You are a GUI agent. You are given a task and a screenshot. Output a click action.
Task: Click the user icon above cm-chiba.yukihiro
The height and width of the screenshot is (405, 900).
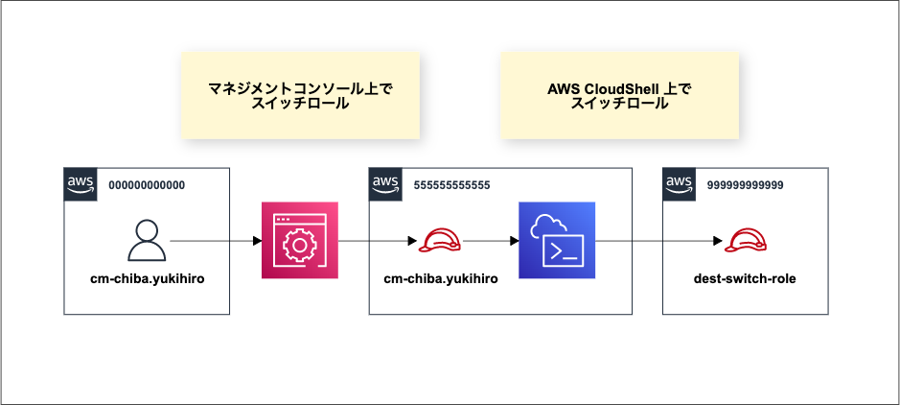tap(146, 240)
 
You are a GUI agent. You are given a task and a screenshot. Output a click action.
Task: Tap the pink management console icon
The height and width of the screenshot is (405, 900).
tap(300, 241)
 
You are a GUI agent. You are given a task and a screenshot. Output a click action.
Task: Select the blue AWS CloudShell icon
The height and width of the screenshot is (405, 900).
tap(557, 240)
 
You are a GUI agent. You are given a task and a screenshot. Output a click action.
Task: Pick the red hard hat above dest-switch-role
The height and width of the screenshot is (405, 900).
tap(744, 241)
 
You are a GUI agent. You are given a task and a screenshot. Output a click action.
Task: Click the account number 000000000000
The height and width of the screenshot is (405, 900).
tap(147, 184)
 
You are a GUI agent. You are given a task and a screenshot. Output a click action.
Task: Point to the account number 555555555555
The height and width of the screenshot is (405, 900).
tap(450, 184)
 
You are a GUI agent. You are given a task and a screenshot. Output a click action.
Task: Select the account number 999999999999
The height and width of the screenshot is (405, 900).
tap(745, 184)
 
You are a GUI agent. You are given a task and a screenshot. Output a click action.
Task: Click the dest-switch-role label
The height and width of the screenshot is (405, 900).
tap(744, 279)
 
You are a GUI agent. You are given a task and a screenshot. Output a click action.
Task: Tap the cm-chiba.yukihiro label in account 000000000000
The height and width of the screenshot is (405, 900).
tap(146, 279)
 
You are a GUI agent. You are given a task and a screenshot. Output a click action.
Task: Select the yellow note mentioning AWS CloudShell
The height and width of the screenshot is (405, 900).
tap(619, 95)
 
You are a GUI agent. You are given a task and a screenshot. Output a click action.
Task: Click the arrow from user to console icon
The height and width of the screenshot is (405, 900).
tap(215, 241)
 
